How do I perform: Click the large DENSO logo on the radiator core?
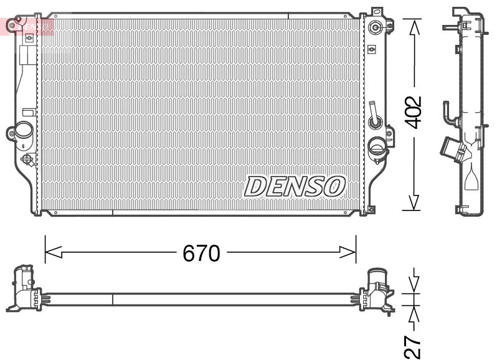(295, 186)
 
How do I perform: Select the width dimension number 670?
(201, 253)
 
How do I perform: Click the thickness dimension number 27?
(414, 346)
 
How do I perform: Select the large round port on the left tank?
(24, 131)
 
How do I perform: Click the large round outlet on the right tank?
(377, 148)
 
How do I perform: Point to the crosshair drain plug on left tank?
(28, 160)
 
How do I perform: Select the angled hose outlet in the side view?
(452, 149)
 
